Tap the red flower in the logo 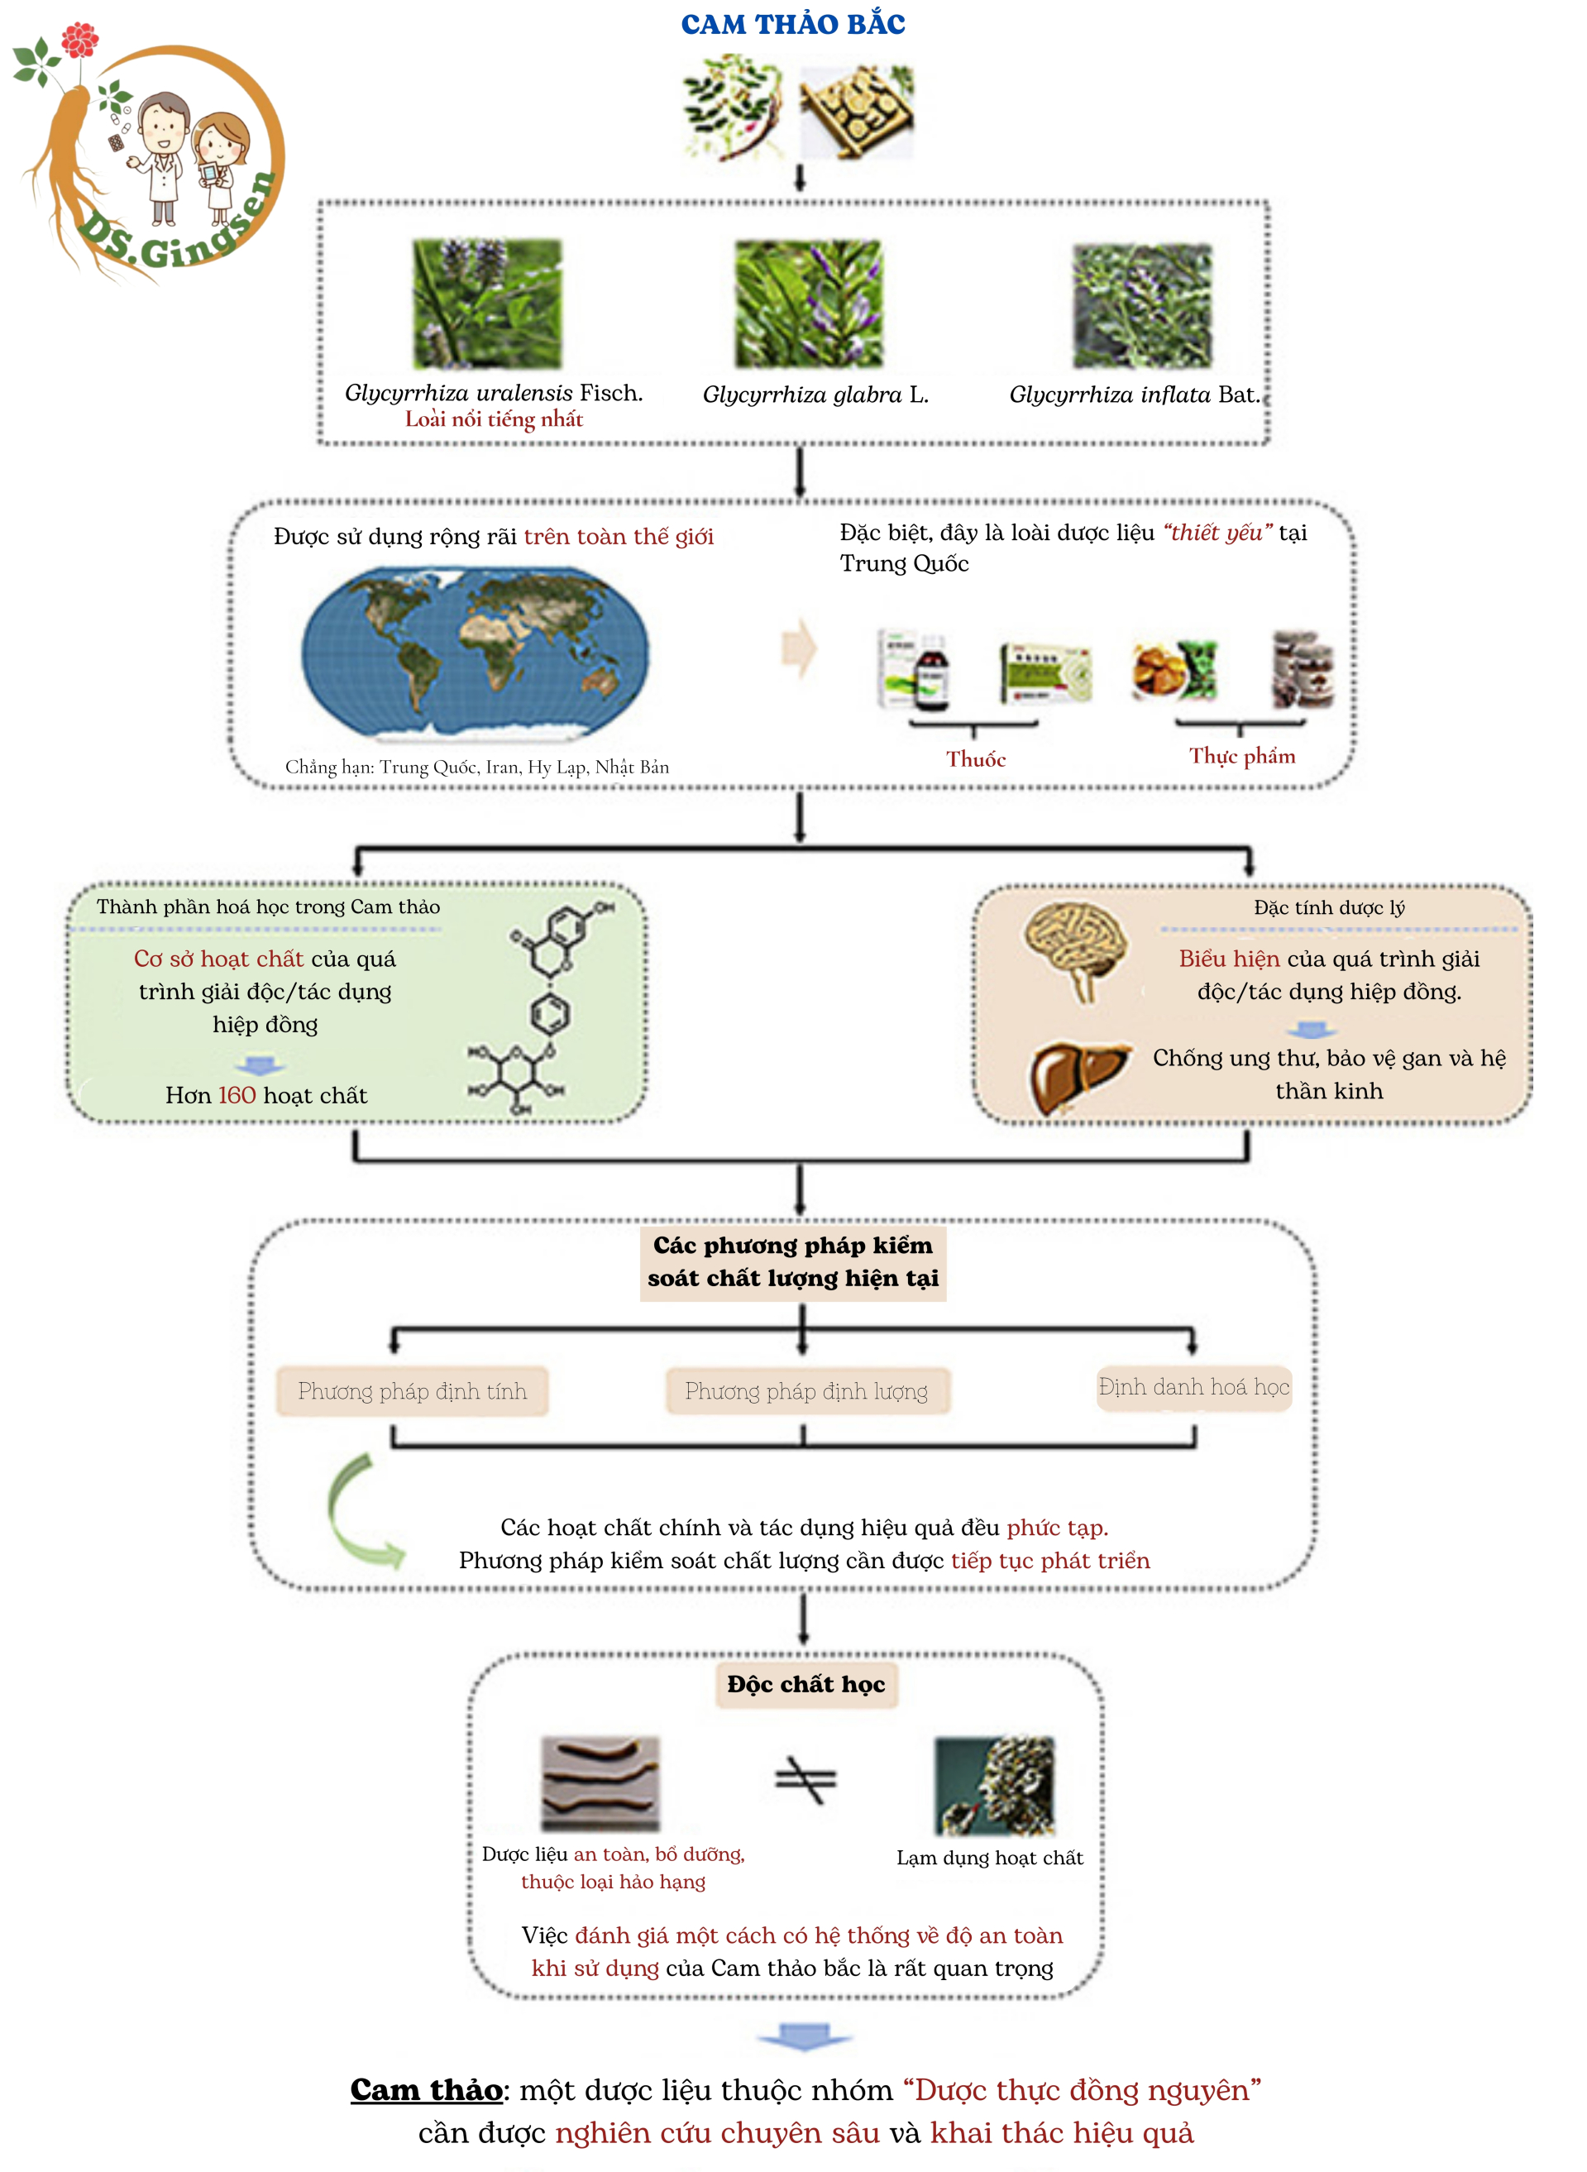79,41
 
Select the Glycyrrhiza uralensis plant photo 487,304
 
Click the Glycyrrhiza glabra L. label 815,395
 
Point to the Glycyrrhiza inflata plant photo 1142,306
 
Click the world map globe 476,653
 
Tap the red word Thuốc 975,760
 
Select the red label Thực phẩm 1241,757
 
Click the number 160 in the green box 237,1095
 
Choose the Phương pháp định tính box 412,1391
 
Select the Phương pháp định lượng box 807,1391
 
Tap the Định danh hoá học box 1193,1387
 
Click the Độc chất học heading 806,1685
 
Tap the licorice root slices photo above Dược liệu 600,1783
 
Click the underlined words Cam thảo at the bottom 427,2090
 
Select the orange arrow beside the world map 798,649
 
